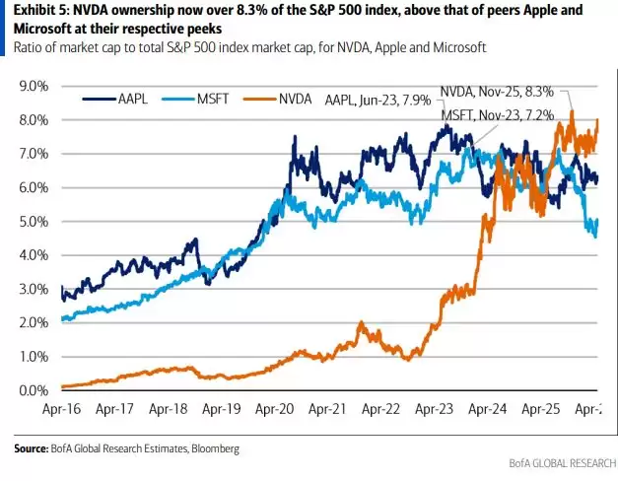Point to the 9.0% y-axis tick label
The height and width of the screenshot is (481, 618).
point(34,87)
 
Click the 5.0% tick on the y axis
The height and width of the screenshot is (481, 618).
point(34,222)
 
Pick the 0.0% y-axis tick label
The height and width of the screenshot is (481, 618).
point(34,390)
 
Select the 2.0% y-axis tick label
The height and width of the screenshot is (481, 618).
point(34,323)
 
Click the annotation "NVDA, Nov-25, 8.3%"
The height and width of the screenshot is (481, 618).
point(503,90)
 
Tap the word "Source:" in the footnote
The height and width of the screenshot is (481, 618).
point(34,448)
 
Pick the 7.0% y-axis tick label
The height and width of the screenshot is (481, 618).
point(34,155)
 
